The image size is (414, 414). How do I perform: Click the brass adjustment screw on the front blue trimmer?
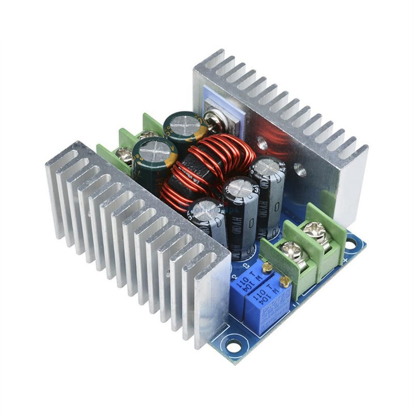coord(284,282)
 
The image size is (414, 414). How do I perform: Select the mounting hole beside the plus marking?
coord(350,244)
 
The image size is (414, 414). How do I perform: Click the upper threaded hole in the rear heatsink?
coord(262,143)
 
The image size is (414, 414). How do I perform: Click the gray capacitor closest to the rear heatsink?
coord(268,170)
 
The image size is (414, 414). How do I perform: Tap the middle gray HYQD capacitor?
coord(240,188)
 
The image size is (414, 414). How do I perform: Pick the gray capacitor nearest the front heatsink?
coord(207,209)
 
